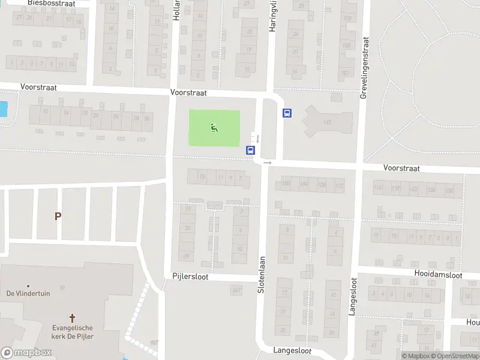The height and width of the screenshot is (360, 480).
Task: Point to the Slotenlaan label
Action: pos(261,275)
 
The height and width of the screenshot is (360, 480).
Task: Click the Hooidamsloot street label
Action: pos(438,275)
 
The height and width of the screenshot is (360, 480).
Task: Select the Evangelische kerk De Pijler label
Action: pos(73,332)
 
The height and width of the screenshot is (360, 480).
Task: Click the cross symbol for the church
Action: pos(73,317)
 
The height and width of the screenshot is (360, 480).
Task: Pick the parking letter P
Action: pos(58,217)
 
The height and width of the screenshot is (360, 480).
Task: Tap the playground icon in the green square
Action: pos(214,127)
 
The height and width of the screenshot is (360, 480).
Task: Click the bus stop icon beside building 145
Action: pos(287,113)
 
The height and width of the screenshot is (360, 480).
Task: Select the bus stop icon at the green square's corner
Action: pos(250,151)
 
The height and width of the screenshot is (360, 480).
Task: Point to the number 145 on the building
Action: pos(327,122)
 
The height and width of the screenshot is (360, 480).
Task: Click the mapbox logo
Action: pos(26,352)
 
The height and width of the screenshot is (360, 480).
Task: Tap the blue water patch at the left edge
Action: pos(4,109)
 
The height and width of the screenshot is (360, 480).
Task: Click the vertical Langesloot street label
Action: pos(353,296)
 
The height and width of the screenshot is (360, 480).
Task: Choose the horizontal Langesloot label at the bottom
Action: pos(292,350)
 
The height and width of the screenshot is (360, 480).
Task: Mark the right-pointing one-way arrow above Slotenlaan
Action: pos(268,162)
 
